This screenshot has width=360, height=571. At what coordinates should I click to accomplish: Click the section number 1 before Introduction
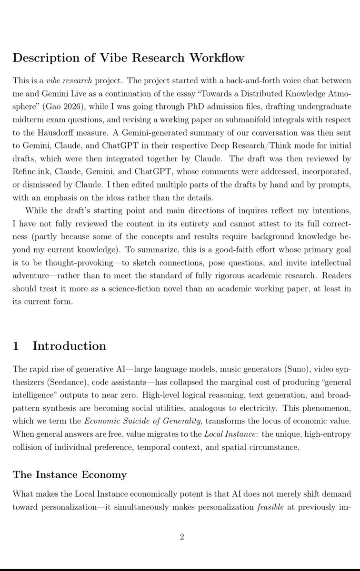click(x=16, y=346)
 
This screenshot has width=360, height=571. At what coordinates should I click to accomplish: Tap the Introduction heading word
click(x=69, y=346)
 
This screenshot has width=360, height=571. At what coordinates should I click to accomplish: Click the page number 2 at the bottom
click(x=181, y=537)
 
